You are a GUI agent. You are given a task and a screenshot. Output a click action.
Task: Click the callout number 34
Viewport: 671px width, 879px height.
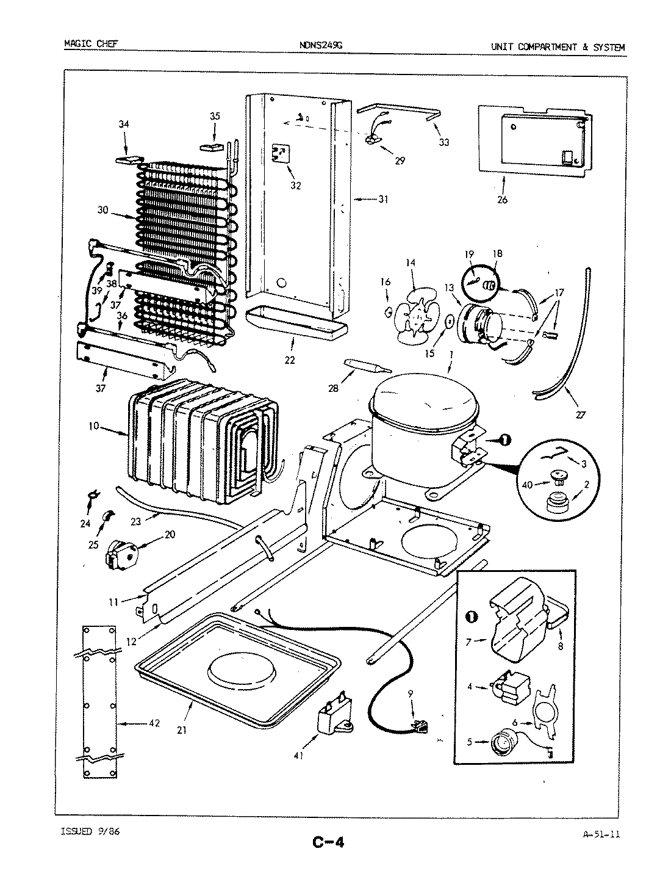click(124, 125)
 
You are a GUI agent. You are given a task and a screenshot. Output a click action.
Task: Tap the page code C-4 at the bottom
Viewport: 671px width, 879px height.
click(329, 843)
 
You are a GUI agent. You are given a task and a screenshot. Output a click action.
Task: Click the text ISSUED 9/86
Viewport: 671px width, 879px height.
click(91, 831)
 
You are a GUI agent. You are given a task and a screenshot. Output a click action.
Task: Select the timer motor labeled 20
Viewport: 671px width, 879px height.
click(122, 552)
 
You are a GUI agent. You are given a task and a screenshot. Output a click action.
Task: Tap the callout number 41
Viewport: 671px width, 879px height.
click(298, 755)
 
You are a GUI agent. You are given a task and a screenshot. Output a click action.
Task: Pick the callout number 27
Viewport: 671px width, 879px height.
click(579, 415)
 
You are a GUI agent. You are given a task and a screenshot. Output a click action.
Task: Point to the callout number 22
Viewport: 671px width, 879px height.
click(290, 360)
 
